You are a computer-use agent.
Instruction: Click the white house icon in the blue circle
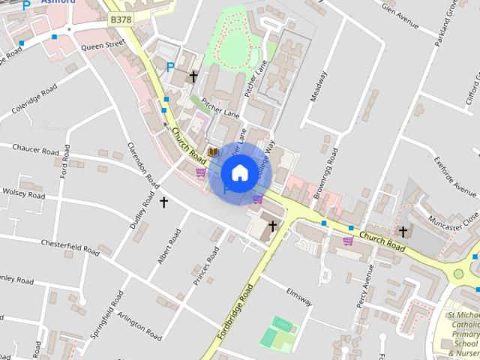(x=239, y=173)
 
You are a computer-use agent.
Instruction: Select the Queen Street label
(x=102, y=45)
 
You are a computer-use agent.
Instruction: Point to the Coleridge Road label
(x=34, y=100)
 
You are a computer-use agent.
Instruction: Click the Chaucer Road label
(x=35, y=150)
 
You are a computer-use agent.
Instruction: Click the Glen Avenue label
(x=400, y=16)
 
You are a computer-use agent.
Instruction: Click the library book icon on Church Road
(x=214, y=152)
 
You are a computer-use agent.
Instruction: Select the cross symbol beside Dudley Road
(x=164, y=202)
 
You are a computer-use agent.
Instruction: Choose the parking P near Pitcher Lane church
(x=170, y=67)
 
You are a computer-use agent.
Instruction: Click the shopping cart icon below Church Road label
(x=348, y=241)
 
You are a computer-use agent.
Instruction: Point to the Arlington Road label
(x=139, y=327)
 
